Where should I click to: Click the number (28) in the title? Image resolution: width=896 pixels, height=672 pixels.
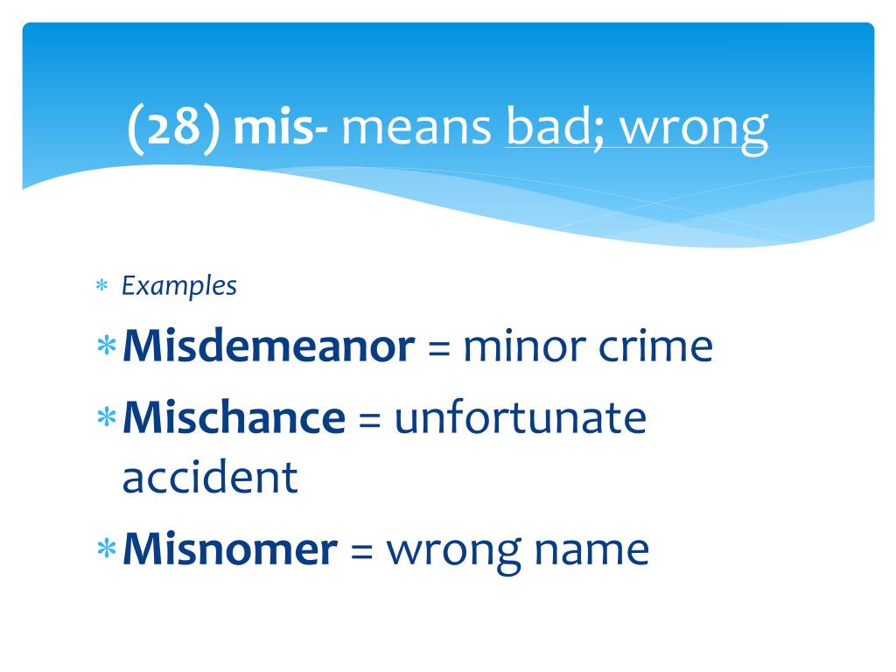coord(171,129)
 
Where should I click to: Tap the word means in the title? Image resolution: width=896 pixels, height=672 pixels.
coord(417,129)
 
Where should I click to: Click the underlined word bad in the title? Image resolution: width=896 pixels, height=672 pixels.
coord(547,129)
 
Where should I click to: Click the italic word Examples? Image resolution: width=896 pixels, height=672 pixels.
coord(178,286)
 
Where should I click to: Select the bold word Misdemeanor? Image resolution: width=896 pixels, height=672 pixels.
coord(269,347)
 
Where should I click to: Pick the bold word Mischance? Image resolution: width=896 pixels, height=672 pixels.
coord(234,418)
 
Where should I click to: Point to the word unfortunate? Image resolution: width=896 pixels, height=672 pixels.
coord(520,418)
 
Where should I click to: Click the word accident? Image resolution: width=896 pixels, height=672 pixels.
coord(210,478)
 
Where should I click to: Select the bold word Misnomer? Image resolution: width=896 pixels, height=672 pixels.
coord(229,549)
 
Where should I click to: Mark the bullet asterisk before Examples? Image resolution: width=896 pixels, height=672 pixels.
coord(101,287)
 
